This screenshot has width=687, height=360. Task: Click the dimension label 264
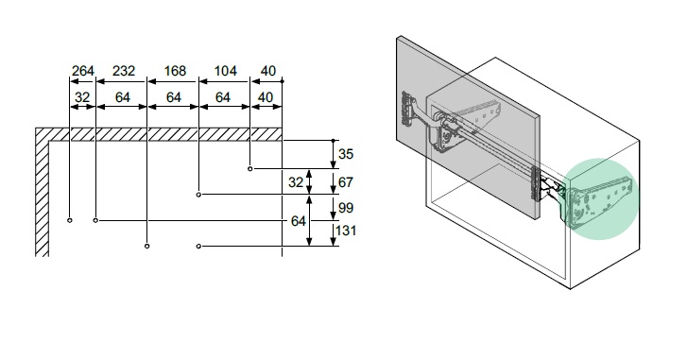click(x=83, y=71)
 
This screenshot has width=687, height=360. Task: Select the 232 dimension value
click(x=124, y=71)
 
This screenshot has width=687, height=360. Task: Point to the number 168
click(x=175, y=71)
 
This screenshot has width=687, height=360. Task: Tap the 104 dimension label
click(x=226, y=71)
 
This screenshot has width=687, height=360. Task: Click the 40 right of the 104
click(x=268, y=71)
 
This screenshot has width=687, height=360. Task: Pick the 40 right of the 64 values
click(x=266, y=97)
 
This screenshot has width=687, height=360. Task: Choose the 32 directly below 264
click(x=82, y=97)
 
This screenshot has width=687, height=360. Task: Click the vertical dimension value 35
click(x=346, y=154)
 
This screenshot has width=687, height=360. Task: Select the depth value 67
click(x=346, y=181)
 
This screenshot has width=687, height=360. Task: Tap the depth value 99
click(x=346, y=208)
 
